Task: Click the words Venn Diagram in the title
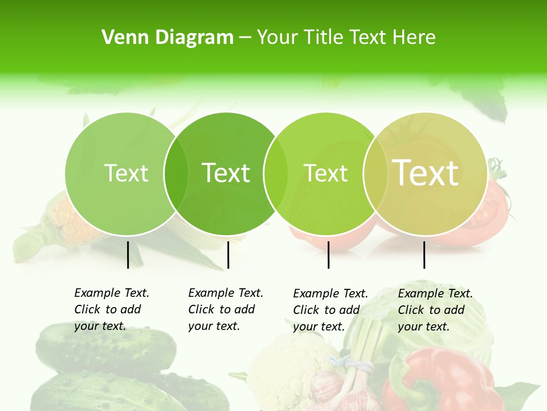[168, 38]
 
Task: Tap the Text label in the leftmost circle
[126, 173]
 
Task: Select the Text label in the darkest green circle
[226, 173]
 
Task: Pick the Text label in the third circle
[325, 173]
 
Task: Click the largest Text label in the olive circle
[426, 173]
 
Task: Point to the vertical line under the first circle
[128, 255]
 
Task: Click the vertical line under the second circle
[228, 255]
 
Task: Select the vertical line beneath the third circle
[328, 255]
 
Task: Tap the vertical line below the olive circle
[424, 255]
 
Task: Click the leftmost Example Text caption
[112, 309]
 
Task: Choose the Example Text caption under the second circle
[226, 309]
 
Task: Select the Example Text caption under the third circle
[330, 310]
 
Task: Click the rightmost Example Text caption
[435, 310]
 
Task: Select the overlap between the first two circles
[176, 173]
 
